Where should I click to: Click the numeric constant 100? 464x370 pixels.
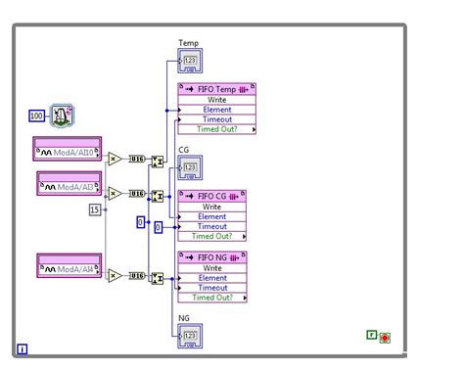click(x=36, y=116)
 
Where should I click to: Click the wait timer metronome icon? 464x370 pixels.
click(x=60, y=116)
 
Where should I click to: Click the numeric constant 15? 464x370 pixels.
click(x=95, y=208)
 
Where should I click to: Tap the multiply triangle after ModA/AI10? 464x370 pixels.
click(x=115, y=159)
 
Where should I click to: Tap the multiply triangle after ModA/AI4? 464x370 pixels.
click(x=115, y=275)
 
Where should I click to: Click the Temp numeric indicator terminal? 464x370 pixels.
click(x=189, y=64)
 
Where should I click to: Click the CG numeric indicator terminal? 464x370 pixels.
click(x=189, y=169)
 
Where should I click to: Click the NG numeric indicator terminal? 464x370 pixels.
click(x=189, y=336)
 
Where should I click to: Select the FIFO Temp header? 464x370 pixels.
click(x=215, y=88)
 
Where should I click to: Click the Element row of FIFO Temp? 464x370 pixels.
click(x=215, y=109)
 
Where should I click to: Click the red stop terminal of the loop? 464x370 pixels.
click(x=385, y=338)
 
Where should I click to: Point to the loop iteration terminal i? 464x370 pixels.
click(x=22, y=347)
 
